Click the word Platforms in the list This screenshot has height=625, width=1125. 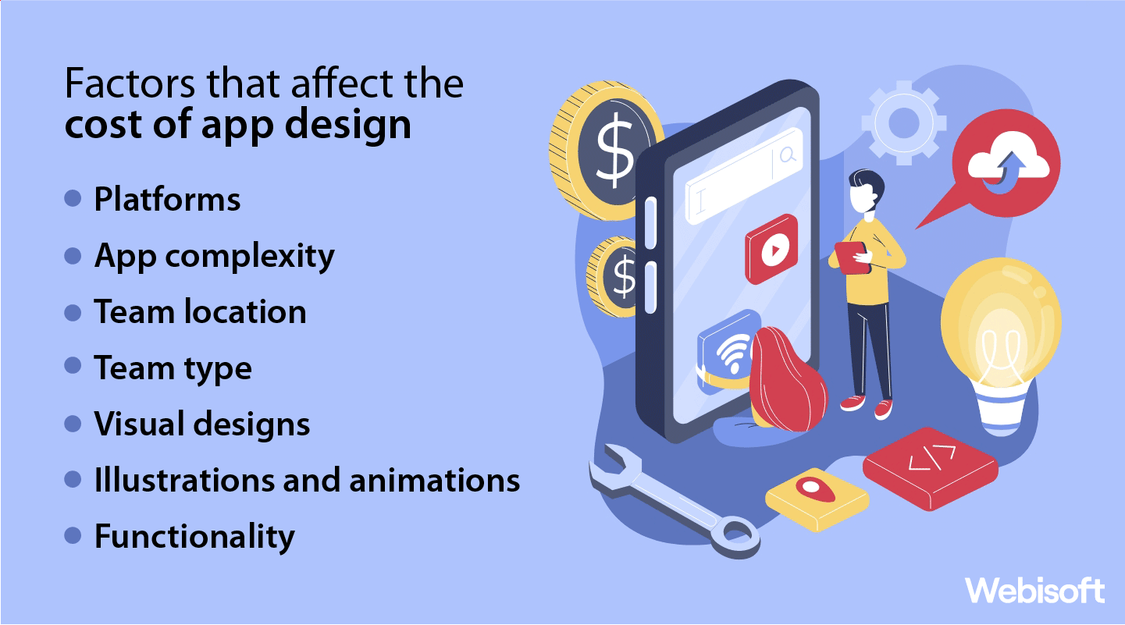pyautogui.click(x=167, y=200)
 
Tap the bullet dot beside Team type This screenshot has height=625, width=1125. pyautogui.click(x=73, y=366)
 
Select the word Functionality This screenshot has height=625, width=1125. pyautogui.click(x=194, y=537)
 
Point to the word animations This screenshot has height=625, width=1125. pyautogui.click(x=434, y=480)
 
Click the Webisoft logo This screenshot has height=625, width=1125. pyautogui.click(x=1034, y=590)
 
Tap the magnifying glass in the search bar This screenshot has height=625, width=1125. pyautogui.click(x=788, y=154)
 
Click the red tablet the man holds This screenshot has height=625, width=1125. pyautogui.click(x=853, y=256)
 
